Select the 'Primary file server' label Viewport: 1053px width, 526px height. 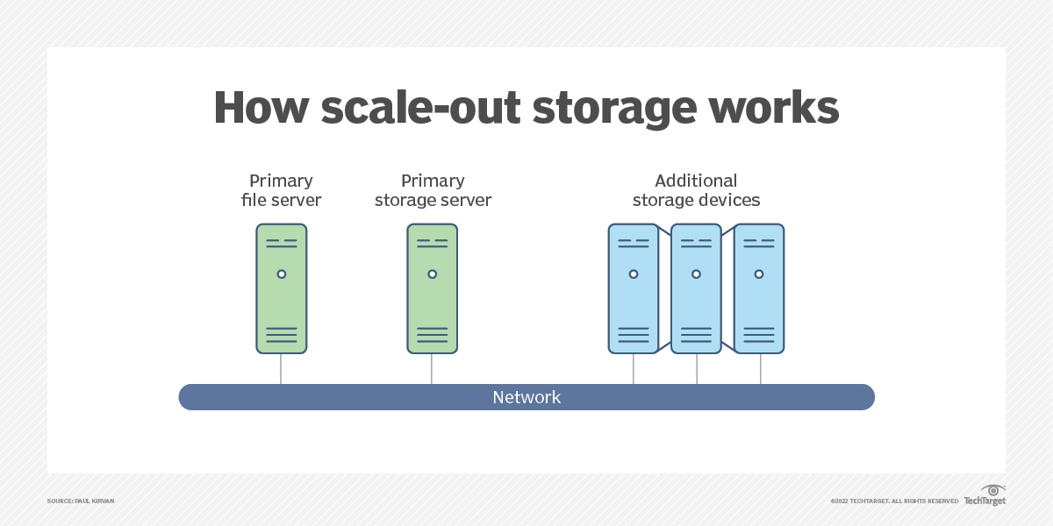tap(281, 190)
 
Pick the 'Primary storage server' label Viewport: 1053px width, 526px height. tap(433, 190)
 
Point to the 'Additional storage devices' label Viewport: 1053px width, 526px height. tap(696, 190)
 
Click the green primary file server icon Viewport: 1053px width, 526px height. tap(282, 288)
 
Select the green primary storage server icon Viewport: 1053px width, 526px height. tap(432, 288)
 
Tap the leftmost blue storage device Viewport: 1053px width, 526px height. tap(633, 288)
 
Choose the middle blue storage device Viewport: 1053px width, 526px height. tap(696, 288)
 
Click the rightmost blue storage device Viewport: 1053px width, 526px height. tap(759, 288)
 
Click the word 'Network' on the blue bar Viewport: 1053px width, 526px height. tap(526, 397)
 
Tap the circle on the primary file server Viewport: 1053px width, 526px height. tap(282, 274)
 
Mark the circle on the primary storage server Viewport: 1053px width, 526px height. tap(432, 274)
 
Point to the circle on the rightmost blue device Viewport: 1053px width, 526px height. tap(759, 274)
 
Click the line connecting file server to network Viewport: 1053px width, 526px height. tap(282, 369)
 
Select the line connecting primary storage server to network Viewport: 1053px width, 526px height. tap(432, 369)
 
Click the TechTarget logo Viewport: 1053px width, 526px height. tap(985, 497)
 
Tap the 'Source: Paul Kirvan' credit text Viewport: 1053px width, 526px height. tap(81, 501)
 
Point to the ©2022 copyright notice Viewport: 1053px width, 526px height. tap(894, 501)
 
